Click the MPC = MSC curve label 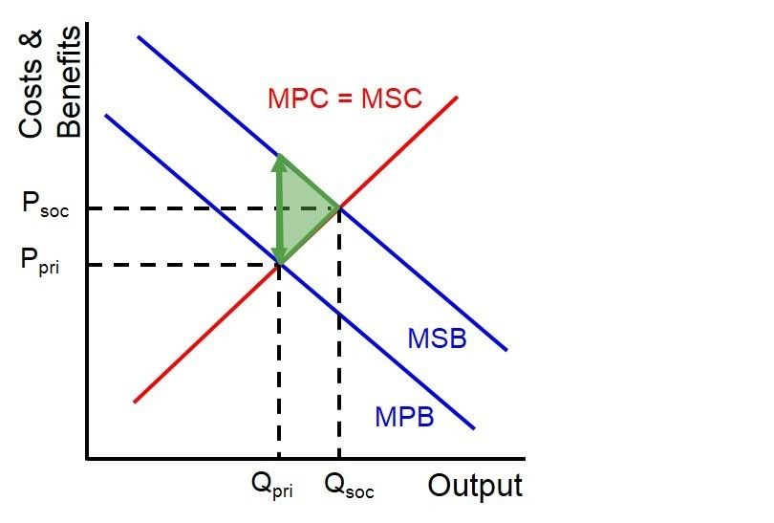coord(345,98)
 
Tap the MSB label coord(437,338)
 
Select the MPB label coord(404,417)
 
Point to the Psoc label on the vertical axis coord(43,207)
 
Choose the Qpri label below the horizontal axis coord(272,488)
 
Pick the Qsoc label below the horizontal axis coord(349,488)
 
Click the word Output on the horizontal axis coord(474,486)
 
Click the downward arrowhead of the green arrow coord(279,254)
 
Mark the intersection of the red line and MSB coord(338,207)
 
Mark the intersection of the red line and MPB coord(279,264)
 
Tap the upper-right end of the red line coord(458,98)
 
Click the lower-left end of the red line coord(135,402)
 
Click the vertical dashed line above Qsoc coord(338,335)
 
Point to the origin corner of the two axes coord(86,459)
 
